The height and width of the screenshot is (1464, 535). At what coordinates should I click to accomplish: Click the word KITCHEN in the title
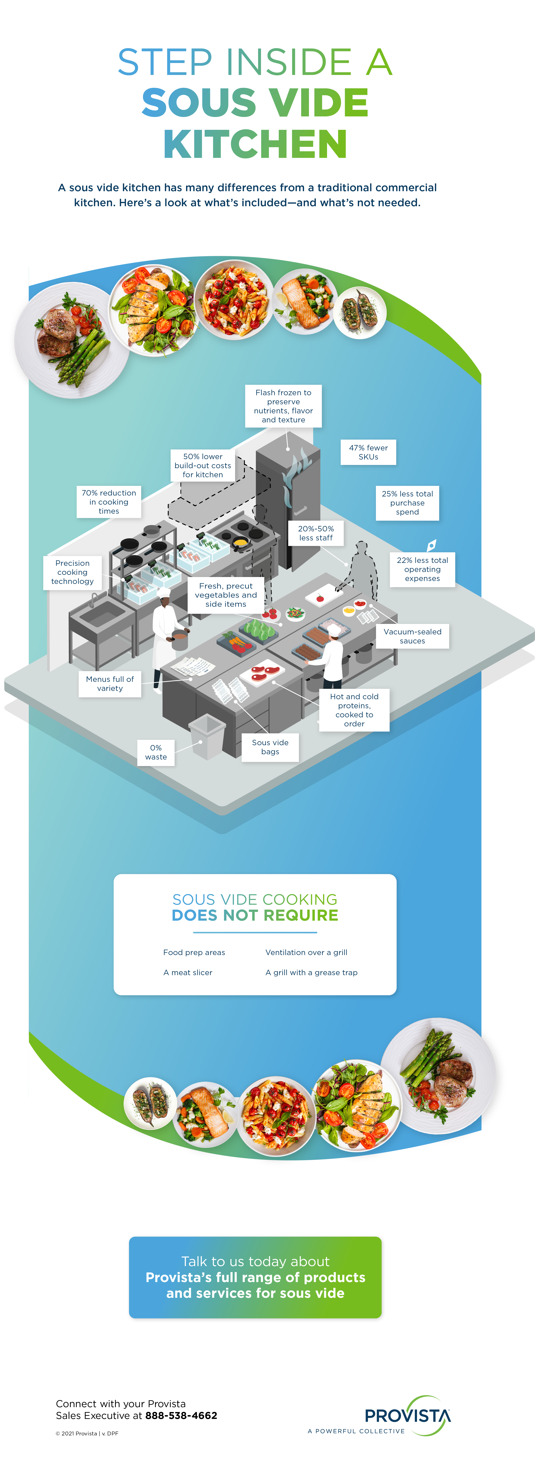pos(255,144)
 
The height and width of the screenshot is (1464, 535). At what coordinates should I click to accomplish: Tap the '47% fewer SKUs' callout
pos(368,452)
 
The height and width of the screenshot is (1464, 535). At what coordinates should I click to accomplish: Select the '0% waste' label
pos(156,752)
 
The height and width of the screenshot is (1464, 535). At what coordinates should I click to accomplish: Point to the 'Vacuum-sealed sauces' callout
pos(412,636)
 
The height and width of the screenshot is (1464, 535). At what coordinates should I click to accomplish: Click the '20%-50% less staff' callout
pos(316,533)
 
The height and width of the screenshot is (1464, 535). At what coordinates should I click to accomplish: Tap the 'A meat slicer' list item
pos(188,972)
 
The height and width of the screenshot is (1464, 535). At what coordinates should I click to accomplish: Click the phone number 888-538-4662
pos(181,1416)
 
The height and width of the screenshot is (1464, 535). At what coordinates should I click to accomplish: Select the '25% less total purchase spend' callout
pos(407,503)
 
